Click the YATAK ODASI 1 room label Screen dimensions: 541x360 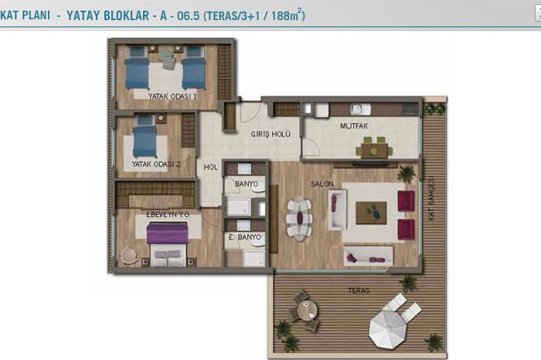coord(172,97)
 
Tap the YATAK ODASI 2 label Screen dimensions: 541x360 coord(156,164)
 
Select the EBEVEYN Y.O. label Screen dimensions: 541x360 coord(168,215)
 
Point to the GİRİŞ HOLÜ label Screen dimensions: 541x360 coord(270,134)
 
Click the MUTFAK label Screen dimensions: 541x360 coord(354,126)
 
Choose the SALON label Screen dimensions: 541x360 coord(322,184)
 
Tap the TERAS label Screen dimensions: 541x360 coord(359,290)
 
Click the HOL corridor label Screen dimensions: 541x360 coord(210,167)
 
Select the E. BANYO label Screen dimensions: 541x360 coord(245,237)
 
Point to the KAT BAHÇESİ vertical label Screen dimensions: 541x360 coord(431,199)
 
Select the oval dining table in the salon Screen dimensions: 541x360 coord(300,219)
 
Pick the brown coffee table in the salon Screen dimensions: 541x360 coord(371,213)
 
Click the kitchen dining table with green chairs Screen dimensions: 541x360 coord(374,151)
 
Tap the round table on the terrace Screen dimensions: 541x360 coord(307,310)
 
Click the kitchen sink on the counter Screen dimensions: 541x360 coord(361,109)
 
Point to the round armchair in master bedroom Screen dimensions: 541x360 coord(128,256)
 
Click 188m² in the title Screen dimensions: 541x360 coord(288,15)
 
